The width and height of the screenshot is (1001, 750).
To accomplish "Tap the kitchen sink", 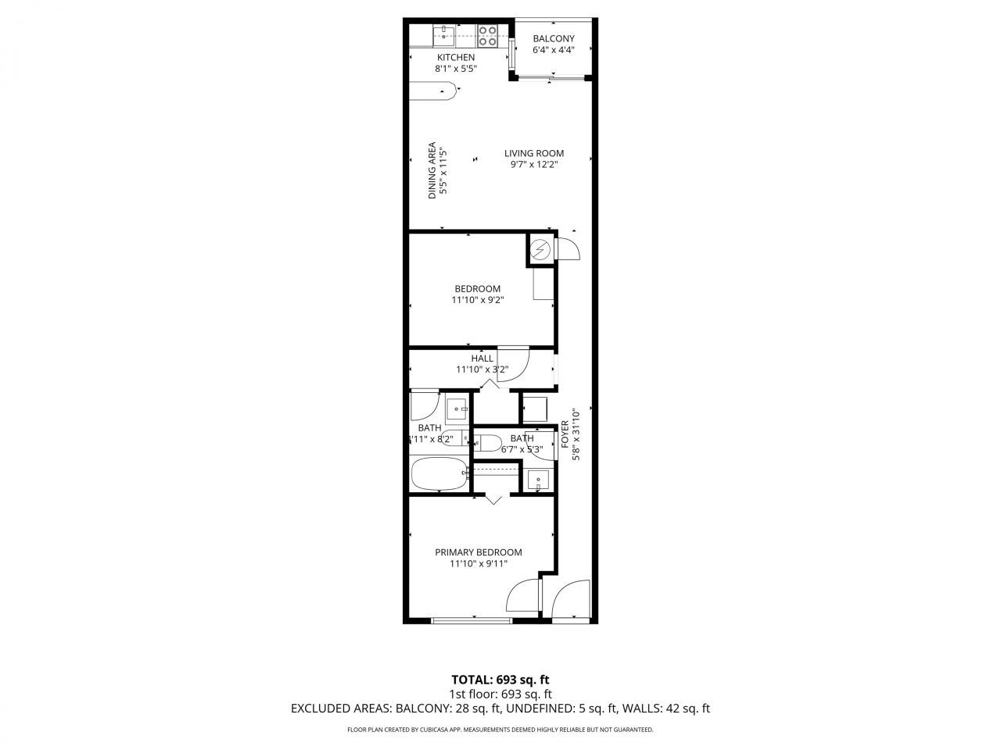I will [444, 33].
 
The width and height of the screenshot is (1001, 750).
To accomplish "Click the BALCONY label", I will [554, 39].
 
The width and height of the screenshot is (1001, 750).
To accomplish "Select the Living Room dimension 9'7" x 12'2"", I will [534, 165].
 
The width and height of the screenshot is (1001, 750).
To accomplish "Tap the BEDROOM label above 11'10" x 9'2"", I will [477, 289].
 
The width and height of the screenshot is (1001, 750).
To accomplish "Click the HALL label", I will [483, 359].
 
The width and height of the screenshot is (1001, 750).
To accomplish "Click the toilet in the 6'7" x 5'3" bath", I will [489, 444].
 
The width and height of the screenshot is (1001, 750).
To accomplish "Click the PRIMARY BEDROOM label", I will [478, 552].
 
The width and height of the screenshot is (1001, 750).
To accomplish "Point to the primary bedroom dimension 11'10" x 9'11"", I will [478, 564].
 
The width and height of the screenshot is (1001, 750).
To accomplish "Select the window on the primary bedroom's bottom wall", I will [472, 621].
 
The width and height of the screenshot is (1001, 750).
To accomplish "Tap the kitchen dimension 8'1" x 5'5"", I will [456, 69].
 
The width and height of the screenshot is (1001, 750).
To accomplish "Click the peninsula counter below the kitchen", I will [433, 91].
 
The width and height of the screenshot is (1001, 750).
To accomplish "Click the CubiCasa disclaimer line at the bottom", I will [500, 730].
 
